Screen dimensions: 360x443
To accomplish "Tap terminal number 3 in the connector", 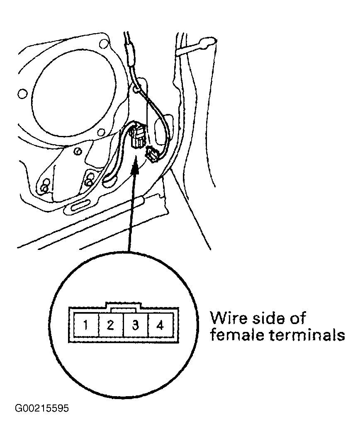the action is [x=136, y=324].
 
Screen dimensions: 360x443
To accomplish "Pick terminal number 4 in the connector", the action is [x=161, y=324].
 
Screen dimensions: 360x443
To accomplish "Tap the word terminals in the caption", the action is [x=307, y=335].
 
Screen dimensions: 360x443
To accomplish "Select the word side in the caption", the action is [x=268, y=318].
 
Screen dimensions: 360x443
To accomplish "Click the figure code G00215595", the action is [x=42, y=408].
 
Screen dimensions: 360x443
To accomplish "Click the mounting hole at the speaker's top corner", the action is [x=104, y=44].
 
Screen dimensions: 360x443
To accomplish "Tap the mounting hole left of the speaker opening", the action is [x=22, y=94].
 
